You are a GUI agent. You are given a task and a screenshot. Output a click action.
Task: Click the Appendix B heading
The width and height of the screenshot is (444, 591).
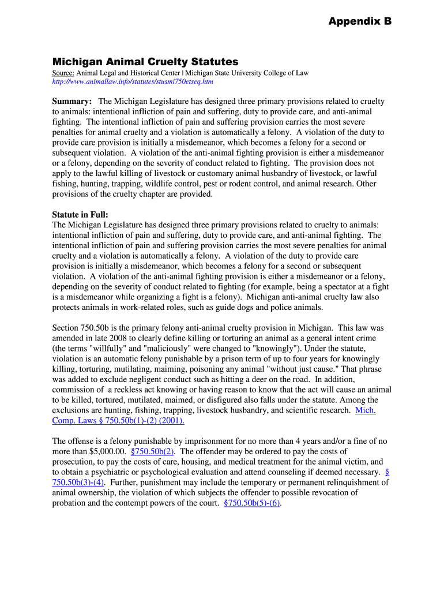tap(360, 21)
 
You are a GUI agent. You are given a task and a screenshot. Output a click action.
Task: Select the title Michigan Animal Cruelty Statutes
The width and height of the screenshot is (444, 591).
tap(145, 61)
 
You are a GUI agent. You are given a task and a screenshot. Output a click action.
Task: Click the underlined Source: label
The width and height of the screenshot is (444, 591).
tap(63, 73)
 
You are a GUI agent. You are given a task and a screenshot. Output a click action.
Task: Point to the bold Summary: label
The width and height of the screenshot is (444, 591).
tap(72, 102)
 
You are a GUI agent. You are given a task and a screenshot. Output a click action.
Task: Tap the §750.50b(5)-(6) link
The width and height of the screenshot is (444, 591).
tap(251, 503)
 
